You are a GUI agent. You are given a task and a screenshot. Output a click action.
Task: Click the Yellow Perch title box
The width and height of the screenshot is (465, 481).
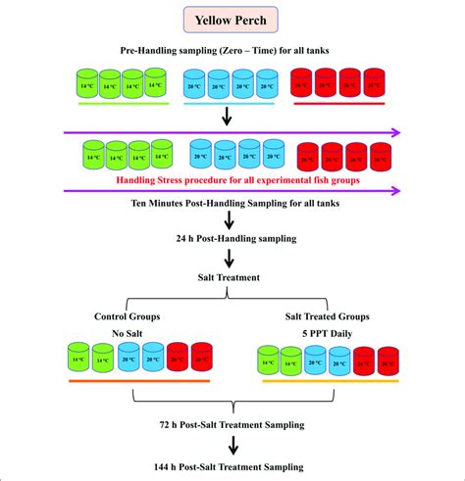[x=232, y=21]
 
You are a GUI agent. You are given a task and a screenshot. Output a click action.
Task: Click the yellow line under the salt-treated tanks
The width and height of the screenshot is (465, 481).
[x=331, y=380]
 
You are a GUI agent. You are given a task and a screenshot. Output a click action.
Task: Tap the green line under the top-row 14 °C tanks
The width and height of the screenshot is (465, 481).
[x=117, y=102]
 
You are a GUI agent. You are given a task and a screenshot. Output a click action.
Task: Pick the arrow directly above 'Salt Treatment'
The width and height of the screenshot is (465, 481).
[x=230, y=260]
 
